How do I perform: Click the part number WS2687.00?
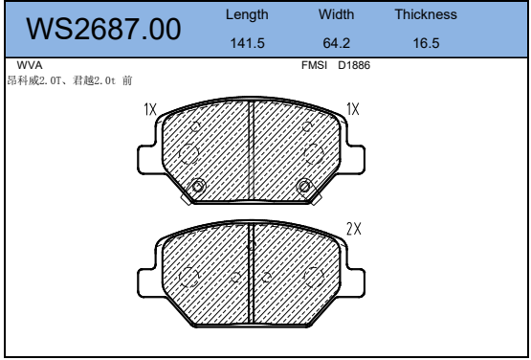(103, 29)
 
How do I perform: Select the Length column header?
(247, 14)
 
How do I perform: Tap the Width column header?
(336, 14)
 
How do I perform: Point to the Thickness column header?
(426, 14)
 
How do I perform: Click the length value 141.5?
(247, 43)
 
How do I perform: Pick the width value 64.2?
(336, 43)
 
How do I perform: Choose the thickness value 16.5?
(426, 43)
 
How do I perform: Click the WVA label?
(30, 65)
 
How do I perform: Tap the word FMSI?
(314, 65)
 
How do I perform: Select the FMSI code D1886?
(354, 65)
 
